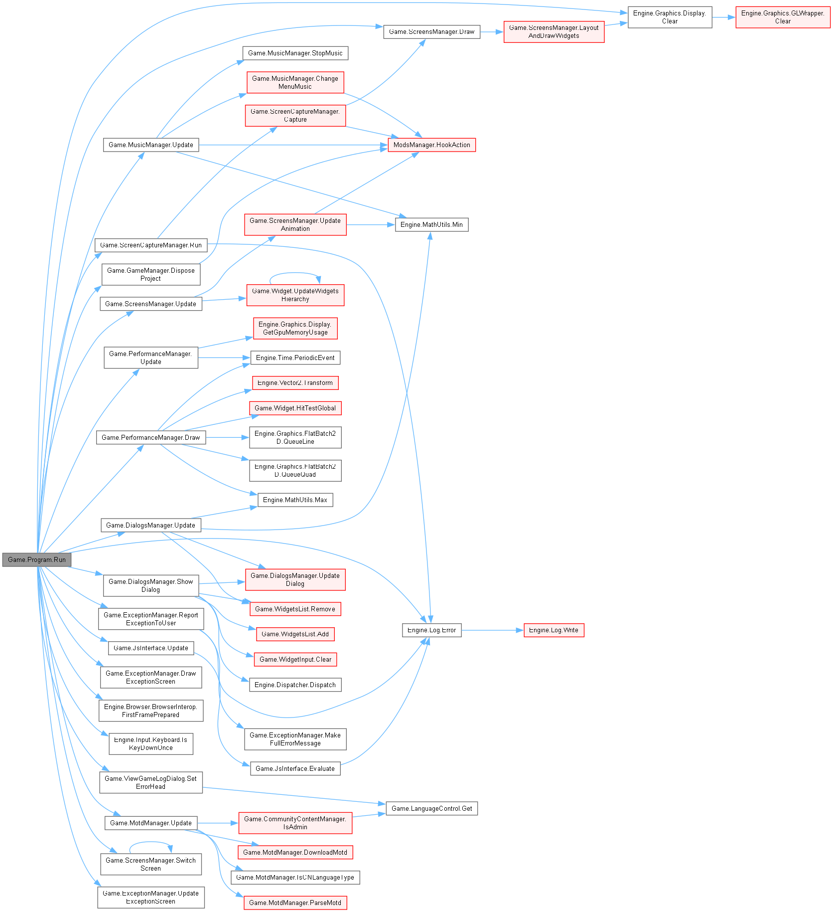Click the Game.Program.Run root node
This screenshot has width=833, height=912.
pyautogui.click(x=37, y=559)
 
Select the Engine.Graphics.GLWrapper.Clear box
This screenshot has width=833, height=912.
pyautogui.click(x=783, y=17)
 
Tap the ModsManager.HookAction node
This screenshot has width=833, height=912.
pyautogui.click(x=431, y=145)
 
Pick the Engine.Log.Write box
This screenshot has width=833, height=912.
pyautogui.click(x=554, y=630)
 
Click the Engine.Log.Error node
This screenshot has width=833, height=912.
pyautogui.click(x=431, y=630)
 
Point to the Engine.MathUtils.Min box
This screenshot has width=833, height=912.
pyautogui.click(x=431, y=225)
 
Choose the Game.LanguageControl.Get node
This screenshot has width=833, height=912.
pyautogui.click(x=431, y=808)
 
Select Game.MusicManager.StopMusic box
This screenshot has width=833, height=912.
pyautogui.click(x=295, y=53)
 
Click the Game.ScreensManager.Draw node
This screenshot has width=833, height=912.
pyautogui.click(x=431, y=32)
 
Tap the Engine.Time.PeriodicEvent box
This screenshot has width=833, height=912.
pyautogui.click(x=295, y=358)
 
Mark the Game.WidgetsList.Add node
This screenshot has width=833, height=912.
pyautogui.click(x=295, y=634)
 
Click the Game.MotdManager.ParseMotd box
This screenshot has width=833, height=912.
pyautogui.click(x=295, y=903)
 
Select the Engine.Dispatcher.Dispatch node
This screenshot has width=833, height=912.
pyautogui.click(x=295, y=685)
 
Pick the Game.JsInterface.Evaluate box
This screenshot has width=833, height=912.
pyautogui.click(x=295, y=768)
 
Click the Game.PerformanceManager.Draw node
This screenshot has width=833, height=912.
pyautogui.click(x=150, y=438)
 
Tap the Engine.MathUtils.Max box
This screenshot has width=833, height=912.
pyautogui.click(x=295, y=500)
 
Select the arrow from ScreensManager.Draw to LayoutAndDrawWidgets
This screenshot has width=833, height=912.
pyautogui.click(x=492, y=32)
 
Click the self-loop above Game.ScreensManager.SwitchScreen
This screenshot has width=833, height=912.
pyautogui.click(x=150, y=842)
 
